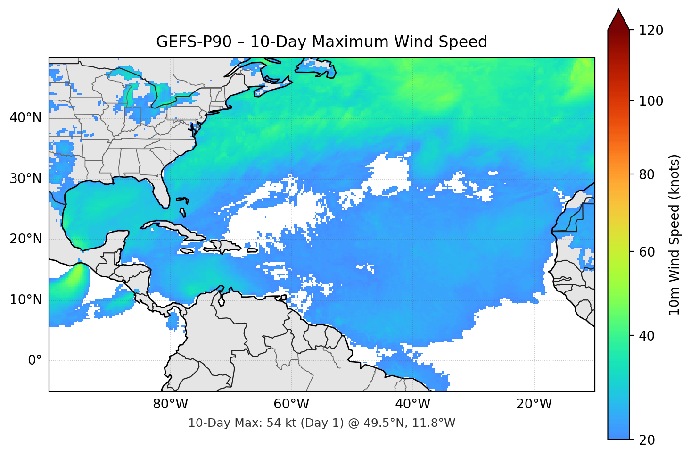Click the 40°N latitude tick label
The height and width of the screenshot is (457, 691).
coord(25,117)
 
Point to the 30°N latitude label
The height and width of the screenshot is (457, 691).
coord(25,179)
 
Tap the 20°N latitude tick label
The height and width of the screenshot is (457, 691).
coord(25,239)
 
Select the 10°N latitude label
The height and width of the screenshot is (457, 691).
coord(25,300)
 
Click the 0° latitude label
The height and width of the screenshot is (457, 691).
coord(35,361)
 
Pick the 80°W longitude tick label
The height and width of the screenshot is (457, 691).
coord(170,404)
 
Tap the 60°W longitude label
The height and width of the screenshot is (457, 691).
coord(291,404)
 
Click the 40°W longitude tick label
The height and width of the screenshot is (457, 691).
coord(412,404)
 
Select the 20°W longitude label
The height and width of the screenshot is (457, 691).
coord(534,404)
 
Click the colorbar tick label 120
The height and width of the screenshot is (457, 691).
coord(651,31)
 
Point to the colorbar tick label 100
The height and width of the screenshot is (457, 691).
coord(651,101)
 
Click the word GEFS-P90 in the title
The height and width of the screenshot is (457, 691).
coord(194,42)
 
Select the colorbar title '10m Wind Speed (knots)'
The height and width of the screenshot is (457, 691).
coord(674,234)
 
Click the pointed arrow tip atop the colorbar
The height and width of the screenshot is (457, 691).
coord(618,10)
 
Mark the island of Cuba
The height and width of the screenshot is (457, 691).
coord(174,228)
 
